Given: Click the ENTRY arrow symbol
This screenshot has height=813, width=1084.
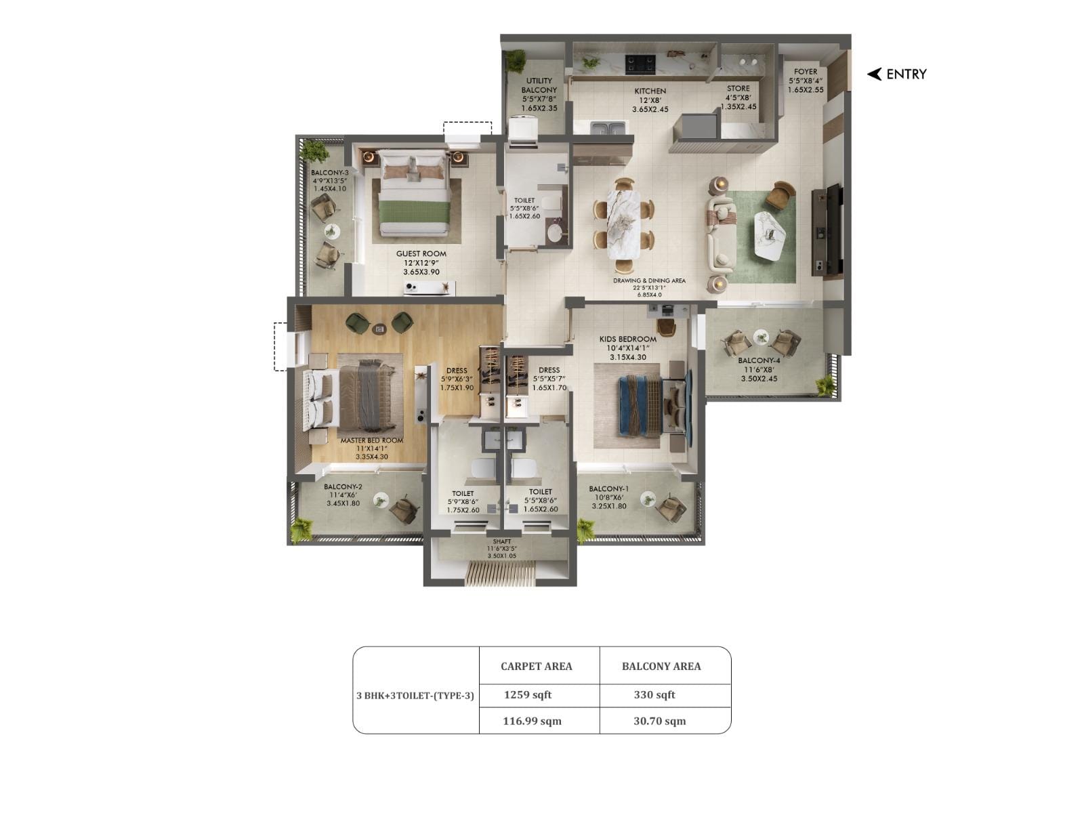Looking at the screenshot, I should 874,74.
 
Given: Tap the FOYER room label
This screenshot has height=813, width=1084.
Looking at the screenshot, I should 806,71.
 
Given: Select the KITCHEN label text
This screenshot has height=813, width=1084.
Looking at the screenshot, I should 650,91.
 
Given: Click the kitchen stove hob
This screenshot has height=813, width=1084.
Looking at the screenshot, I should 640,63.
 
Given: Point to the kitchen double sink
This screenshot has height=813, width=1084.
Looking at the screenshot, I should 608,127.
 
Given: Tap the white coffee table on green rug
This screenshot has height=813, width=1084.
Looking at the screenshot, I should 772,234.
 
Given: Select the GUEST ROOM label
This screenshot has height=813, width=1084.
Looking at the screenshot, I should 421,254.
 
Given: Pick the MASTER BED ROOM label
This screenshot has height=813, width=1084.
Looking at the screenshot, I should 371,440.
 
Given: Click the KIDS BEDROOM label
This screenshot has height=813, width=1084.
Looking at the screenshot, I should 627,339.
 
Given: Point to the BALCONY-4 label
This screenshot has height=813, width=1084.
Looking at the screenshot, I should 759,360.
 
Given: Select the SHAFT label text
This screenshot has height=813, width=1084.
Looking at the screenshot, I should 502,541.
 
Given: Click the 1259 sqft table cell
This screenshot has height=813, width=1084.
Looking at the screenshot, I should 528,694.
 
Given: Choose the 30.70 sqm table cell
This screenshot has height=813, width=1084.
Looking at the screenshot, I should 659,721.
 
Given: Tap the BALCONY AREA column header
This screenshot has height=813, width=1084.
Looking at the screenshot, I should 661,666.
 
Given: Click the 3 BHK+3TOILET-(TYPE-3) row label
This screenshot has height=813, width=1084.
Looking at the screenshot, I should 415,695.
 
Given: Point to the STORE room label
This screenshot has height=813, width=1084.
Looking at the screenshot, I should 738,88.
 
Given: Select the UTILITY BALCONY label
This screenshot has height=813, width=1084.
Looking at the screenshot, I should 539,85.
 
